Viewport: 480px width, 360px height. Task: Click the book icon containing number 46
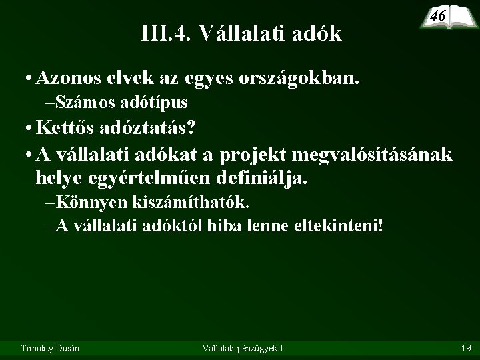(x=443, y=16)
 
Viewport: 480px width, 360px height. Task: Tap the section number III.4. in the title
(x=166, y=33)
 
